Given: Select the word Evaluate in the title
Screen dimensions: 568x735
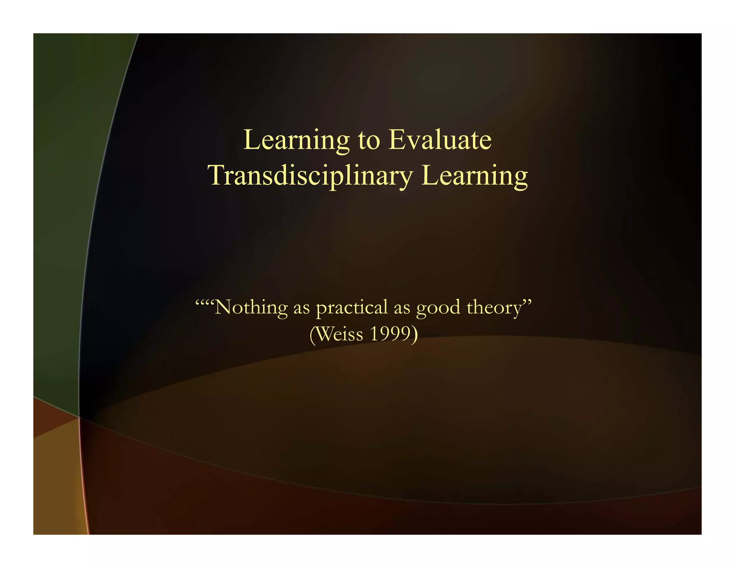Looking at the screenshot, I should [x=440, y=140].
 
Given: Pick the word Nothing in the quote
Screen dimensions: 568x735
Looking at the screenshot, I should [x=251, y=307].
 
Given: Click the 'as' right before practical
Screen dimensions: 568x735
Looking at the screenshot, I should [x=301, y=308].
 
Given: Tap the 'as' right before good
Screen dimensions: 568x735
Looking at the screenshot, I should [x=402, y=308].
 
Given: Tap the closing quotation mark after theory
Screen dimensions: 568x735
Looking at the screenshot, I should [x=527, y=302].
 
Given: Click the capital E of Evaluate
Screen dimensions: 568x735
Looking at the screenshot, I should [x=397, y=140].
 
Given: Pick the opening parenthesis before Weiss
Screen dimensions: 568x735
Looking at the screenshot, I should [x=312, y=334].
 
